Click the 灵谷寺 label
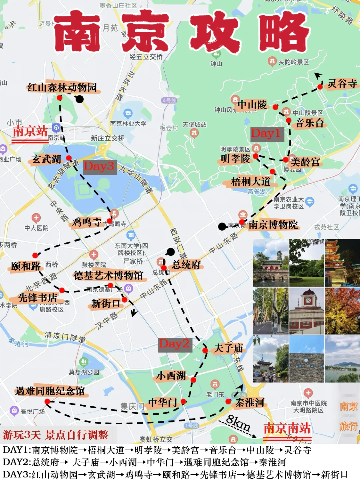click(x=342, y=83)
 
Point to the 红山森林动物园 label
click(x=62, y=87)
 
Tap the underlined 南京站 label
click(x=30, y=131)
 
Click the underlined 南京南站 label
click(x=287, y=428)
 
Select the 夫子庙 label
click(x=228, y=348)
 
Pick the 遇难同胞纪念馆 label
click(x=50, y=391)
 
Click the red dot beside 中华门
click(x=183, y=401)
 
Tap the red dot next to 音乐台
click(x=289, y=121)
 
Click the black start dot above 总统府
click(x=171, y=252)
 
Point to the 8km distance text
click(x=238, y=423)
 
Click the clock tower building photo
click(x=307, y=311)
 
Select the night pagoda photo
click(x=342, y=263)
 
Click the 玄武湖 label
click(x=47, y=159)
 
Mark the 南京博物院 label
click(x=273, y=225)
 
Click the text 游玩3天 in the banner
click(x=22, y=435)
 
